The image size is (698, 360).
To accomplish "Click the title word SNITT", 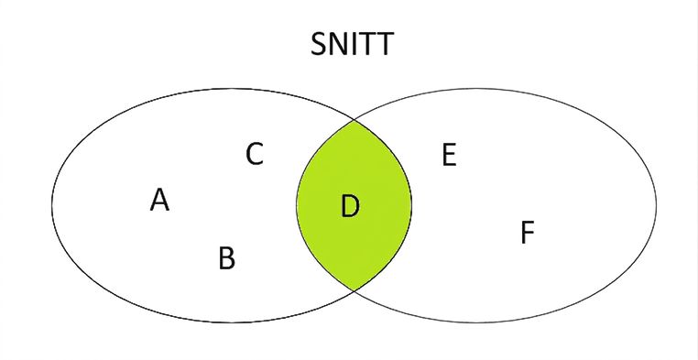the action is [352, 44].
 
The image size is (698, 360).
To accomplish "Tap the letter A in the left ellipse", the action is [159, 200].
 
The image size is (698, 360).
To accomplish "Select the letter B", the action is [226, 258].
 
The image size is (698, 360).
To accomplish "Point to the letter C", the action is [255, 155].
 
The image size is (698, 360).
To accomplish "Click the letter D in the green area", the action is [350, 206].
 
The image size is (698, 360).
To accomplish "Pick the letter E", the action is [449, 156].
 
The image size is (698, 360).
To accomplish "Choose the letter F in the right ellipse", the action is [527, 233].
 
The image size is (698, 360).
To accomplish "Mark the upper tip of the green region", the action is [354, 120].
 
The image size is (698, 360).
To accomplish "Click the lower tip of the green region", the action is [354, 290].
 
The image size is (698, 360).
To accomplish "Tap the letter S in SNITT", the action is [319, 44].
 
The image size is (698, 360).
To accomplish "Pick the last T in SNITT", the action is [386, 44].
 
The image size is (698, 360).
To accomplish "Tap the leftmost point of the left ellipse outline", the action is [52, 205].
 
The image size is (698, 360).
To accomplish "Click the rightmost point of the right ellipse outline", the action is [656, 205].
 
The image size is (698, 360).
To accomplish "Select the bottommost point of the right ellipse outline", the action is [476, 322].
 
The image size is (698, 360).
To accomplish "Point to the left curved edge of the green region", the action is [297, 205].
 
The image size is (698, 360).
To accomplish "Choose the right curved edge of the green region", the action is [411, 205].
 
